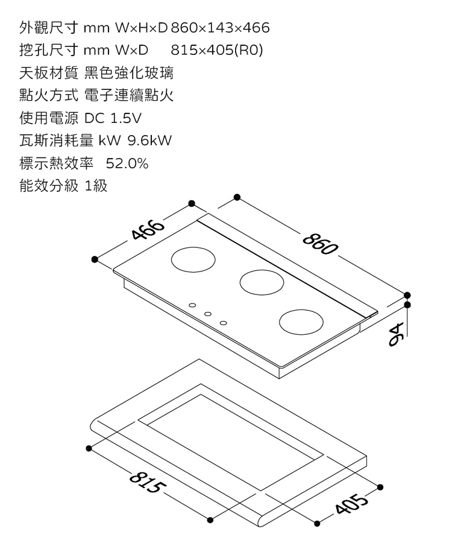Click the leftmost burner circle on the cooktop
click(193, 259)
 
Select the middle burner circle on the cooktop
click(262, 281)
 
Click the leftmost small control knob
click(192, 305)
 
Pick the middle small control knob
click(208, 314)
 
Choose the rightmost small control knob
click(224, 323)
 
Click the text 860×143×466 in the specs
click(220, 28)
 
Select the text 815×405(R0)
click(218, 51)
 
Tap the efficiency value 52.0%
click(127, 164)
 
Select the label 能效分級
click(49, 186)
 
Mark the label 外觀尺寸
click(49, 28)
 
